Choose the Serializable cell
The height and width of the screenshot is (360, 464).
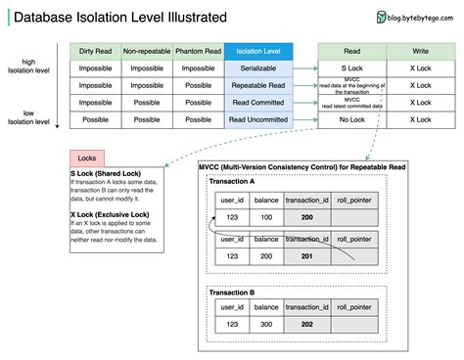coord(256,69)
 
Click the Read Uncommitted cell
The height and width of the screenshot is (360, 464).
coord(256,119)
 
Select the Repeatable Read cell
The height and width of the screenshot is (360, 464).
coord(256,86)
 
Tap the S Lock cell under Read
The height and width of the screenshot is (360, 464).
coord(351,69)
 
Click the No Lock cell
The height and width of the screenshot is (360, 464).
coord(351,119)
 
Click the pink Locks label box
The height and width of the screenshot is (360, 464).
coord(86,157)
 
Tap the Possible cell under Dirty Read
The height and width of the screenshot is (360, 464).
coord(96,119)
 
